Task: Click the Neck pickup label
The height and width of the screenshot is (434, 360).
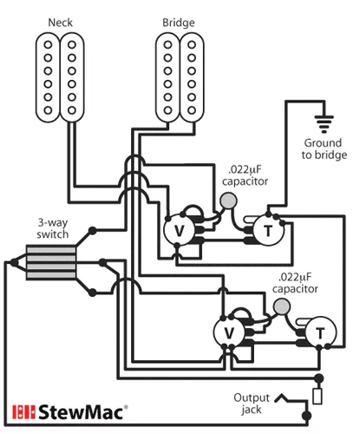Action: (60, 23)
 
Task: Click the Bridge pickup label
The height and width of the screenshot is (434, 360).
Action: (179, 23)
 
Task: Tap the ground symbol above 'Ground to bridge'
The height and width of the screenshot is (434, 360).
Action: (324, 123)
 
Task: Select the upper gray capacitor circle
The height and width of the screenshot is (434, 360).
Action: (228, 201)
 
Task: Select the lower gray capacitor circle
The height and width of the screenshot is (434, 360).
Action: (282, 306)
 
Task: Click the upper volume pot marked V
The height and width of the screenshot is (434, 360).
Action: (180, 230)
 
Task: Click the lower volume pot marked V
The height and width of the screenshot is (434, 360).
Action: (229, 332)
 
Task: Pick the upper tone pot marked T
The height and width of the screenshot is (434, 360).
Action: (268, 231)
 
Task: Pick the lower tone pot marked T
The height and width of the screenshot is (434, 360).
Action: (320, 332)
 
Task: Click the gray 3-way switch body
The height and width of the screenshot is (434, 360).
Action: (51, 262)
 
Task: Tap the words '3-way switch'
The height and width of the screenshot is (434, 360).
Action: (53, 228)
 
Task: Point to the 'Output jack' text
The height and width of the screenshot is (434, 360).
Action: (252, 404)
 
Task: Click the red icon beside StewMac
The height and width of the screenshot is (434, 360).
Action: (23, 412)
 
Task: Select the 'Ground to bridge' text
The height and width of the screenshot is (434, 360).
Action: (324, 148)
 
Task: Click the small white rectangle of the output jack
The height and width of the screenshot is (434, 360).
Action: (317, 397)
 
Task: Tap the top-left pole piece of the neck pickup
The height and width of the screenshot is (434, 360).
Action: (48, 45)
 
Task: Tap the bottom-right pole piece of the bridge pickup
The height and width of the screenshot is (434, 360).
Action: (192, 110)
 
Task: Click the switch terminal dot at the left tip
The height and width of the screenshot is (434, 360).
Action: (13, 262)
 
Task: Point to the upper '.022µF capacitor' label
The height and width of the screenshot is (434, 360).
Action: (245, 175)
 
